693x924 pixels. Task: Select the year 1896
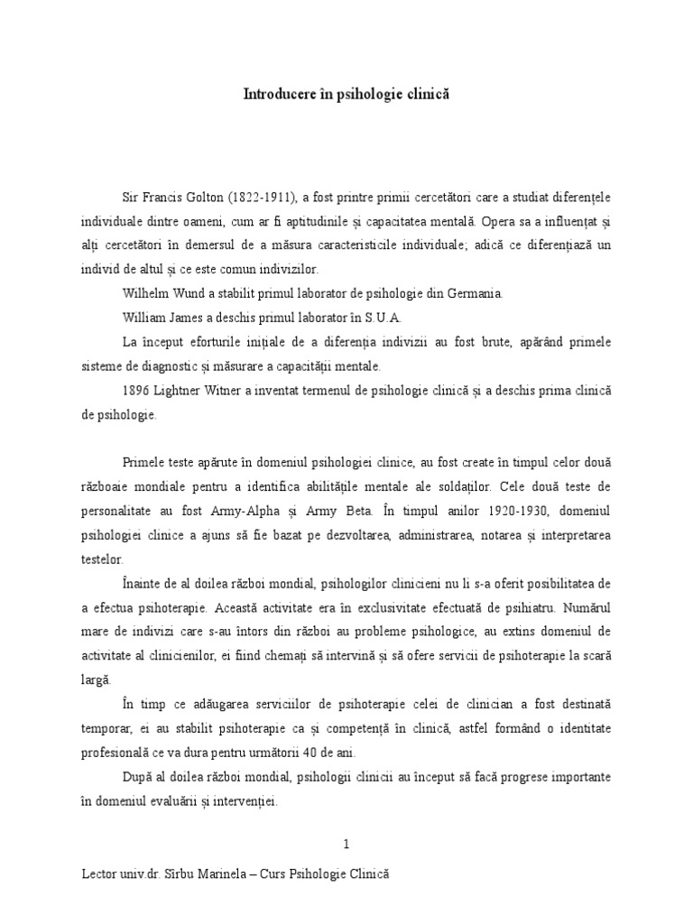[x=138, y=392]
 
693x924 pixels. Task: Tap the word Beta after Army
[x=369, y=512]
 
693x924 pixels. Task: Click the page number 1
[x=346, y=844]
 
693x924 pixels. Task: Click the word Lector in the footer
[x=98, y=876]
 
